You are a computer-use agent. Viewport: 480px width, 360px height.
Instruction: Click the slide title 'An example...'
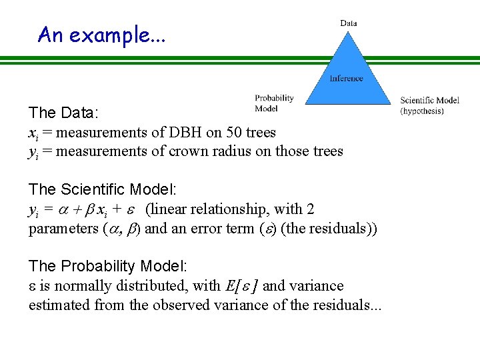[x=101, y=34]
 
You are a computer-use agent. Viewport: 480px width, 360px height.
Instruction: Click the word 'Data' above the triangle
[x=348, y=23]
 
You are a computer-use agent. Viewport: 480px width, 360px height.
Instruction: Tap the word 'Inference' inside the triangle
[x=347, y=78]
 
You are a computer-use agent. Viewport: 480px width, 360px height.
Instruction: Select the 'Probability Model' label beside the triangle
[x=274, y=103]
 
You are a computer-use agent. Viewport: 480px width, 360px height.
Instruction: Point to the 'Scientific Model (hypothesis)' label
[x=429, y=105]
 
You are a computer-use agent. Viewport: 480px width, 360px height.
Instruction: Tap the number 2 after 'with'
[x=311, y=209]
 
